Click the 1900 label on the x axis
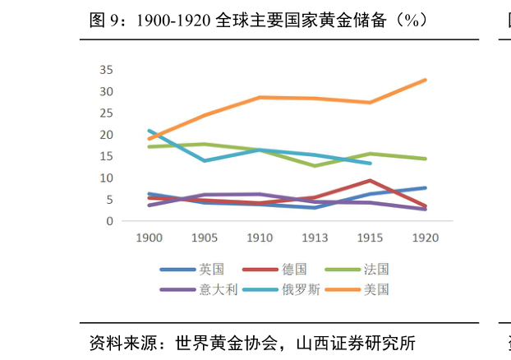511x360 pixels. [x=150, y=238]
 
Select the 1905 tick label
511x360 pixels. [x=205, y=238]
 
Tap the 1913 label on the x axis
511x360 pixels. [x=315, y=238]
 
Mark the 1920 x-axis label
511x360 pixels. [x=425, y=238]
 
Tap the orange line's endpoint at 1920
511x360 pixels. [x=425, y=80]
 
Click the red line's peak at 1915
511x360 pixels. [x=370, y=180]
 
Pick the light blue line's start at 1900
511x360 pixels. [x=150, y=131]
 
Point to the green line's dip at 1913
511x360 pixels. [x=315, y=166]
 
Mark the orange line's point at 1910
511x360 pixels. [x=260, y=97]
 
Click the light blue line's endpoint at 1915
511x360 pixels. [x=370, y=163]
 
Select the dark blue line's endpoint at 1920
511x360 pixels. [x=425, y=187]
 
